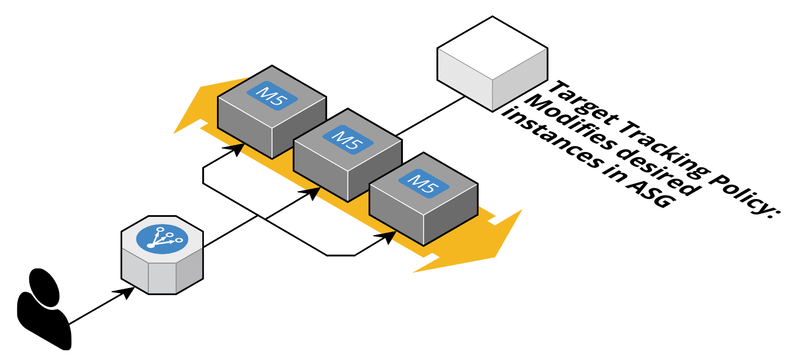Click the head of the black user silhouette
(x=44, y=287)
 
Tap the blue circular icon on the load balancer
(x=162, y=239)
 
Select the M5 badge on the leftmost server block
(x=272, y=96)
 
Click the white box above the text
(x=492, y=64)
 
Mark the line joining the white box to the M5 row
(x=430, y=116)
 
